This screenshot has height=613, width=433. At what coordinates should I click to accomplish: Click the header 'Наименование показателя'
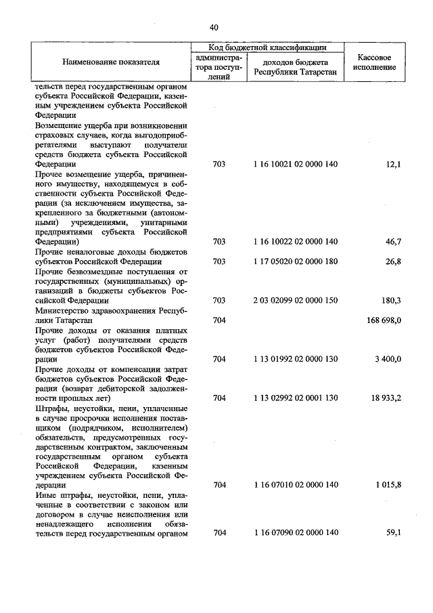[111, 62]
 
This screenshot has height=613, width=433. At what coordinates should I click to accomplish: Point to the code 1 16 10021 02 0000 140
[295, 165]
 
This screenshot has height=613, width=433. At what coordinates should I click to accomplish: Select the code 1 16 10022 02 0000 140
[295, 242]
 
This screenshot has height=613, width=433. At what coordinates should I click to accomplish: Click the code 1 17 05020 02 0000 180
[295, 261]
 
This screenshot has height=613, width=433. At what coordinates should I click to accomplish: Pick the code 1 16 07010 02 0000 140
[295, 485]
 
